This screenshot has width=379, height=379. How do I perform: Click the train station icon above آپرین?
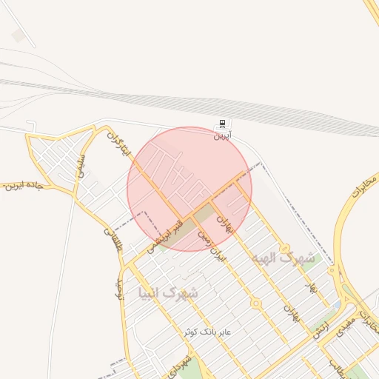tap(222, 124)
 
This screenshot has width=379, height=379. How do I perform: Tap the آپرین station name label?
tap(223, 136)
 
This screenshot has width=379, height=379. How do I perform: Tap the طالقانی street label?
tap(113, 241)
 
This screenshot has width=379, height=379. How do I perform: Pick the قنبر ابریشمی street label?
tap(164, 233)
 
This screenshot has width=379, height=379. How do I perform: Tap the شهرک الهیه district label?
tap(283, 258)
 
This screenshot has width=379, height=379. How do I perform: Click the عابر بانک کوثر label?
tap(208, 332)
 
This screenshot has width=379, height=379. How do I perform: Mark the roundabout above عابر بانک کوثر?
tap(255, 303)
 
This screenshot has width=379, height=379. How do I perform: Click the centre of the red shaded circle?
tap(189, 189)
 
